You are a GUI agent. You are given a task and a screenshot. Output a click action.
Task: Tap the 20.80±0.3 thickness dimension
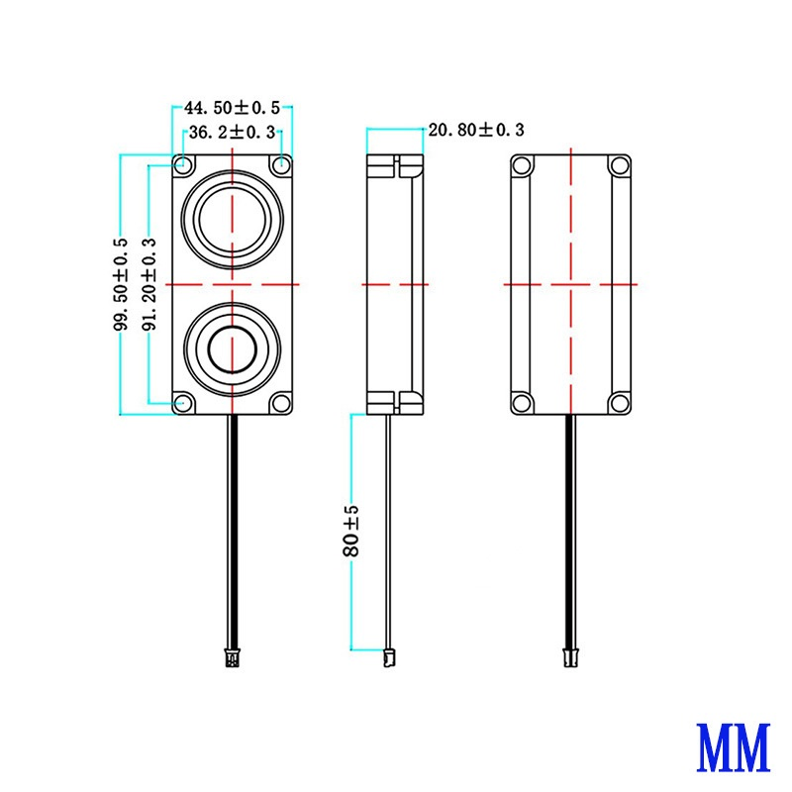(x=474, y=130)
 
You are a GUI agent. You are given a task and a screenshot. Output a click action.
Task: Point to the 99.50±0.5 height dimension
(x=121, y=283)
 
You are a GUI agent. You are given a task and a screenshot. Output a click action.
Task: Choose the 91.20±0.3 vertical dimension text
(x=149, y=283)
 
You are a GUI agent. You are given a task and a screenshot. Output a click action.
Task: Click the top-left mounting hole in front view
(x=183, y=162)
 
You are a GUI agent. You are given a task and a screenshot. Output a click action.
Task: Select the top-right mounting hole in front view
(x=282, y=162)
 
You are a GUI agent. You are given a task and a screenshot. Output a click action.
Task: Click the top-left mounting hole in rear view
(x=521, y=164)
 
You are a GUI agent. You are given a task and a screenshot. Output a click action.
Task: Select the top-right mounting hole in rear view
(x=619, y=164)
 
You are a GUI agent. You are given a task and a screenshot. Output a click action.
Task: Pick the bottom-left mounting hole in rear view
(x=521, y=402)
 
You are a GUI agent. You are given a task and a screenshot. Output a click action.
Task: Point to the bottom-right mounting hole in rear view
(x=619, y=402)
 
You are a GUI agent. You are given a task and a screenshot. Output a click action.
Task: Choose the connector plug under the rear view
(x=570, y=654)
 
